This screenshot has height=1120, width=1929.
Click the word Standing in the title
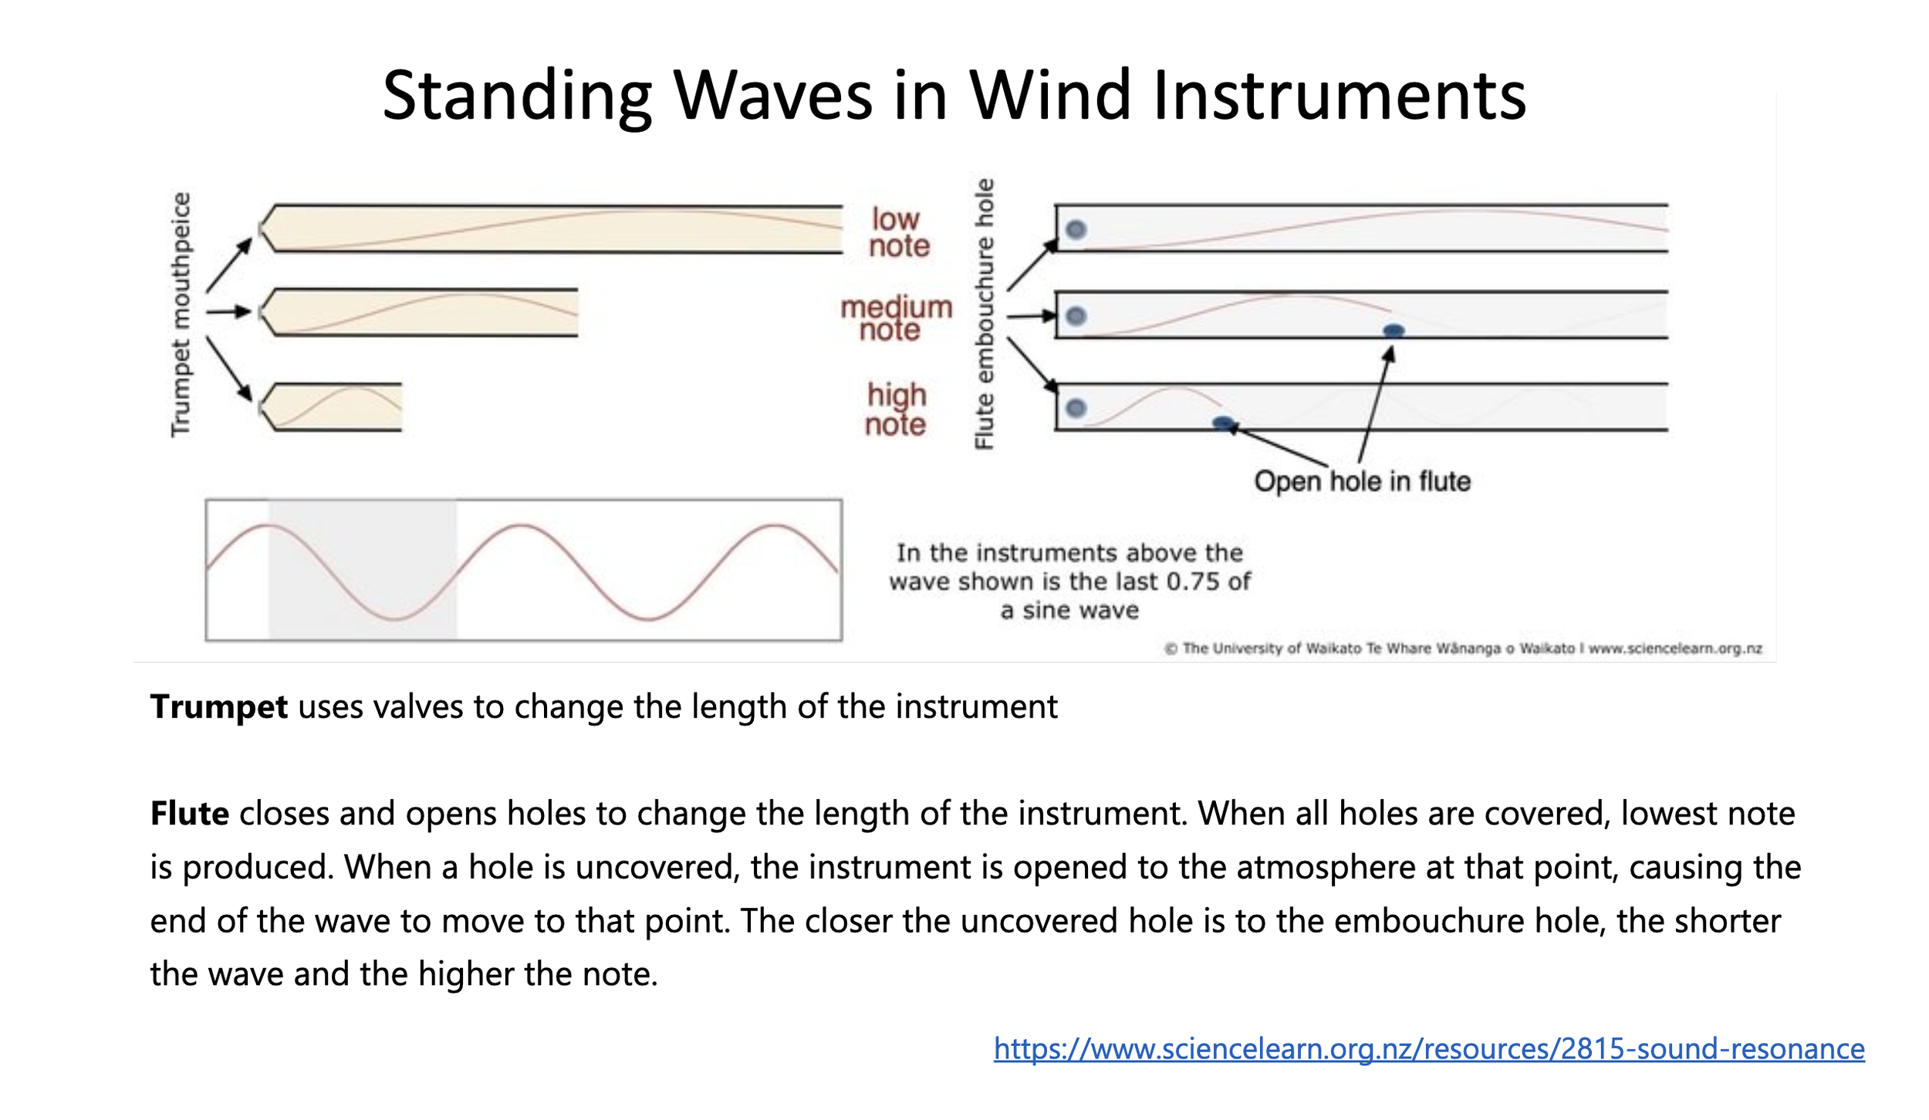[x=516, y=96]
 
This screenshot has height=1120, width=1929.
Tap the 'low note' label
[x=898, y=232]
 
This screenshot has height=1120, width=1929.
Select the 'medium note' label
[x=896, y=318]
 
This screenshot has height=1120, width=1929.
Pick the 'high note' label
[x=895, y=409]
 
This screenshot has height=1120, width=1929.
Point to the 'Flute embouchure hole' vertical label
[x=984, y=315]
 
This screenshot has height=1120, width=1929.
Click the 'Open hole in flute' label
[x=1362, y=481]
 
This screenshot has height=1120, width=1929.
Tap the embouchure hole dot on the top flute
[x=1076, y=229]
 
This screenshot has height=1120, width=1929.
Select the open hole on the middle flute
[x=1393, y=331]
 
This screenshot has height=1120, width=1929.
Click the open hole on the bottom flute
[x=1223, y=423]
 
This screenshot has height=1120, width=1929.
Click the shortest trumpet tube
[x=332, y=407]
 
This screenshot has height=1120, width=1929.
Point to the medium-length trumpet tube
[x=421, y=312]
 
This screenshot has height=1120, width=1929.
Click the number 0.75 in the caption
[x=1194, y=582]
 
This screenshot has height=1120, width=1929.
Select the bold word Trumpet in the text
[x=218, y=707]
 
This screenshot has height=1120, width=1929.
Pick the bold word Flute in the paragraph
[x=189, y=814]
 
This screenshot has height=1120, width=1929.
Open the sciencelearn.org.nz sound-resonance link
[x=1428, y=1048]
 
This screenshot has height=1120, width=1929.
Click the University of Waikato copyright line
[x=1462, y=649]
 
